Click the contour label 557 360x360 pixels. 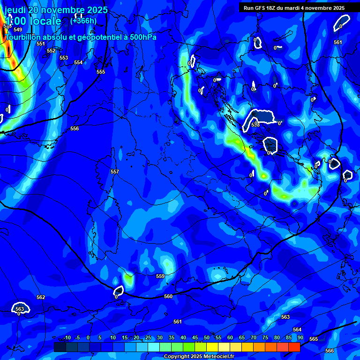tap(114, 172)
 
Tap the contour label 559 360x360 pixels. tap(160, 276)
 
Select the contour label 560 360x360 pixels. tap(168, 296)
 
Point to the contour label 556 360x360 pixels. tap(75, 128)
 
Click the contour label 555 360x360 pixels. tap(101, 72)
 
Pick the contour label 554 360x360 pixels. tap(78, 62)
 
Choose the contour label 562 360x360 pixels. tap(41, 297)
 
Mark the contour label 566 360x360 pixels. tap(330, 351)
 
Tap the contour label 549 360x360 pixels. tap(18, 30)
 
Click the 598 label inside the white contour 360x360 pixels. tap(255, 125)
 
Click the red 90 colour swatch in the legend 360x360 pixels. tap(294, 347)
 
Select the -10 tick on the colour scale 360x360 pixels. tap(67, 338)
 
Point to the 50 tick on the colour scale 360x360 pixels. tap(207, 338)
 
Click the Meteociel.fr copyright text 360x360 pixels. tap(199, 357)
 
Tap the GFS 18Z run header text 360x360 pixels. tap(294, 8)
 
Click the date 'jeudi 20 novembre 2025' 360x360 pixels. tap(56, 10)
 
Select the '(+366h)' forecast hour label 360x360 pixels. tap(83, 21)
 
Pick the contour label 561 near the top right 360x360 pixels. tap(338, 42)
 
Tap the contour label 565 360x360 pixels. tap(314, 339)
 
